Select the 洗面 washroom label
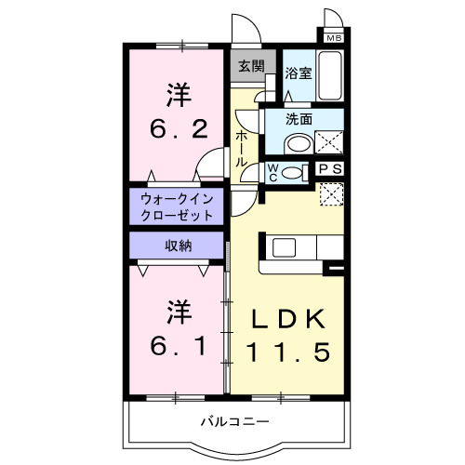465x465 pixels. (299, 120)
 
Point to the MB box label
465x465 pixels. (334, 37)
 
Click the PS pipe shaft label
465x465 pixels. (329, 169)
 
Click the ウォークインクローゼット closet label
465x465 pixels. (177, 206)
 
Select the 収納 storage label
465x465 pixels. (179, 246)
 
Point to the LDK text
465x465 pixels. (288, 319)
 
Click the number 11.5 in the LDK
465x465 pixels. (288, 352)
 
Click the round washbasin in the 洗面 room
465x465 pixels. (299, 144)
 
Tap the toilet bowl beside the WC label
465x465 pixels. (294, 171)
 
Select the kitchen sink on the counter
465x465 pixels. (284, 248)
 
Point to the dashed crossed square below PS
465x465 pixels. (331, 193)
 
